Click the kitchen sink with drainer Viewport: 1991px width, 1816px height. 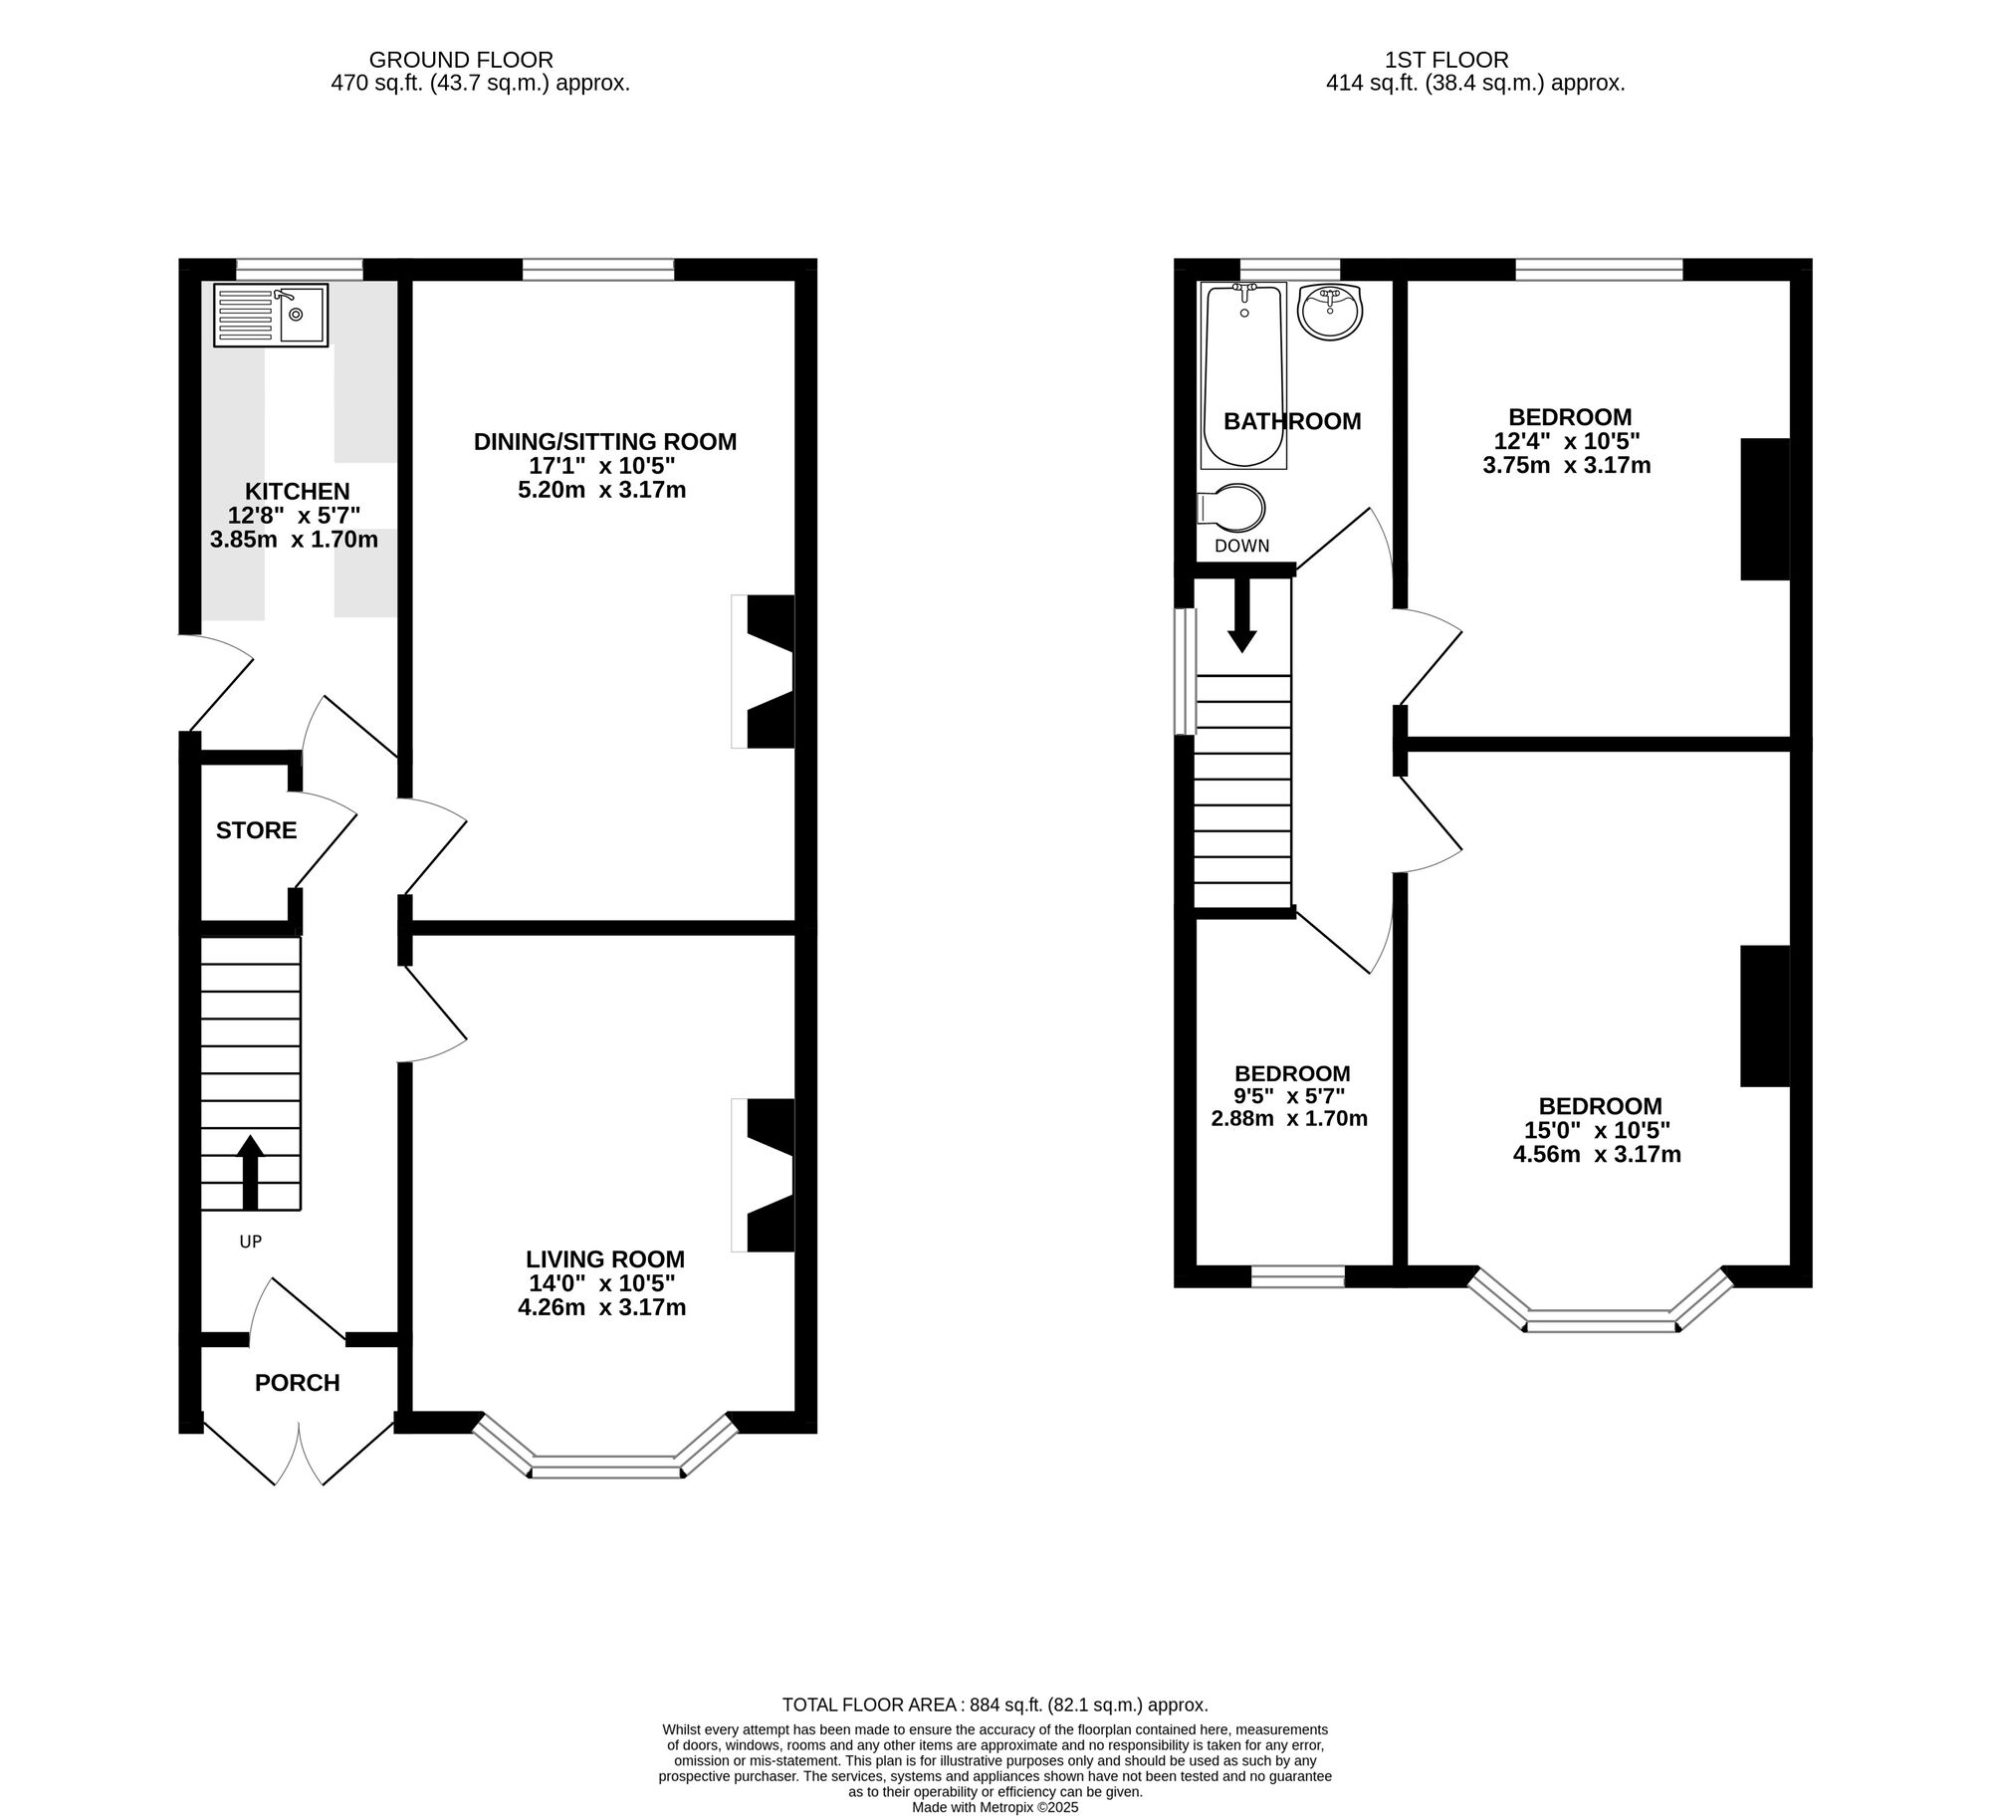click(x=270, y=315)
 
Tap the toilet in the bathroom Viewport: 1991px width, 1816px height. click(x=1231, y=509)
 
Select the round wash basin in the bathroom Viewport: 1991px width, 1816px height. click(x=1330, y=312)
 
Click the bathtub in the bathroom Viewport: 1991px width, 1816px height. click(x=1244, y=374)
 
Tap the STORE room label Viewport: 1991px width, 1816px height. click(x=256, y=830)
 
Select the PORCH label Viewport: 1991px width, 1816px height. click(x=297, y=1383)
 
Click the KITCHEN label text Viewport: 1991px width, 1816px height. click(x=298, y=491)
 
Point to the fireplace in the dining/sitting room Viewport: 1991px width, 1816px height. click(x=764, y=671)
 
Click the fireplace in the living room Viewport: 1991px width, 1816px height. click(x=764, y=1175)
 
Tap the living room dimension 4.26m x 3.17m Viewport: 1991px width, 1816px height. click(x=602, y=1307)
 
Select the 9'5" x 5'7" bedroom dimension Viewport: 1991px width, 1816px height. click(x=1290, y=1096)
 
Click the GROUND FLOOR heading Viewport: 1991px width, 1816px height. click(x=461, y=60)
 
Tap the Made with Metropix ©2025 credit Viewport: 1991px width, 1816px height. click(x=995, y=1807)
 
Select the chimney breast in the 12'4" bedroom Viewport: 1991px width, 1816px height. click(x=1765, y=509)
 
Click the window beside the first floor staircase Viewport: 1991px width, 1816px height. click(x=1185, y=672)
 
